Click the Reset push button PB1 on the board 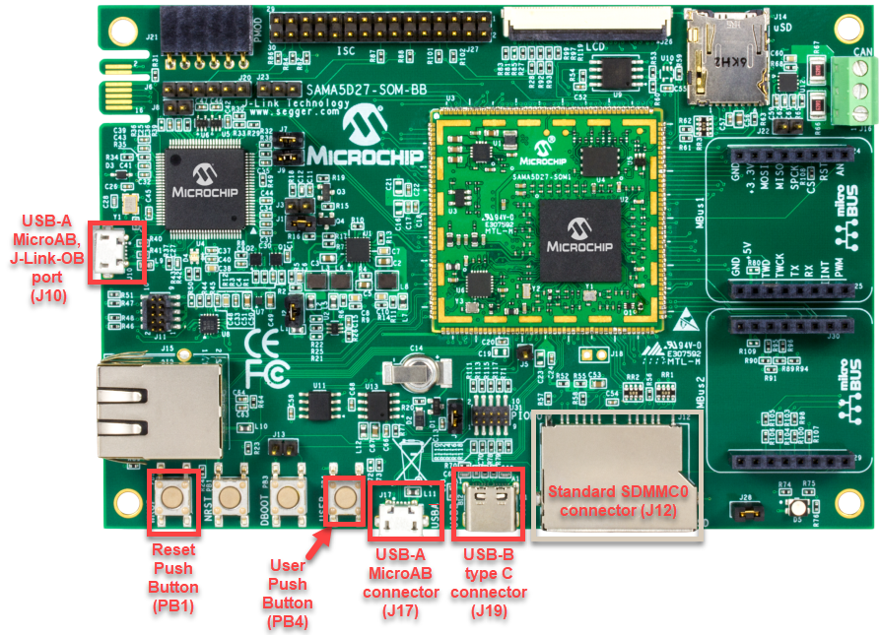pos(173,497)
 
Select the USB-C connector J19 pos(487,507)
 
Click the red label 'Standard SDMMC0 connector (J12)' pos(617,501)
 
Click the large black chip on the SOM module pos(580,242)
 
